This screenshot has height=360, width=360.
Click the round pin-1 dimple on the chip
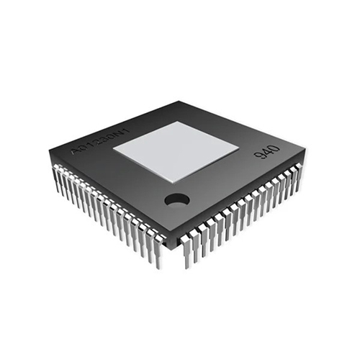click(176, 199)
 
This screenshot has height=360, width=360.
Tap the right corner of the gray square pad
click(239, 150)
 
